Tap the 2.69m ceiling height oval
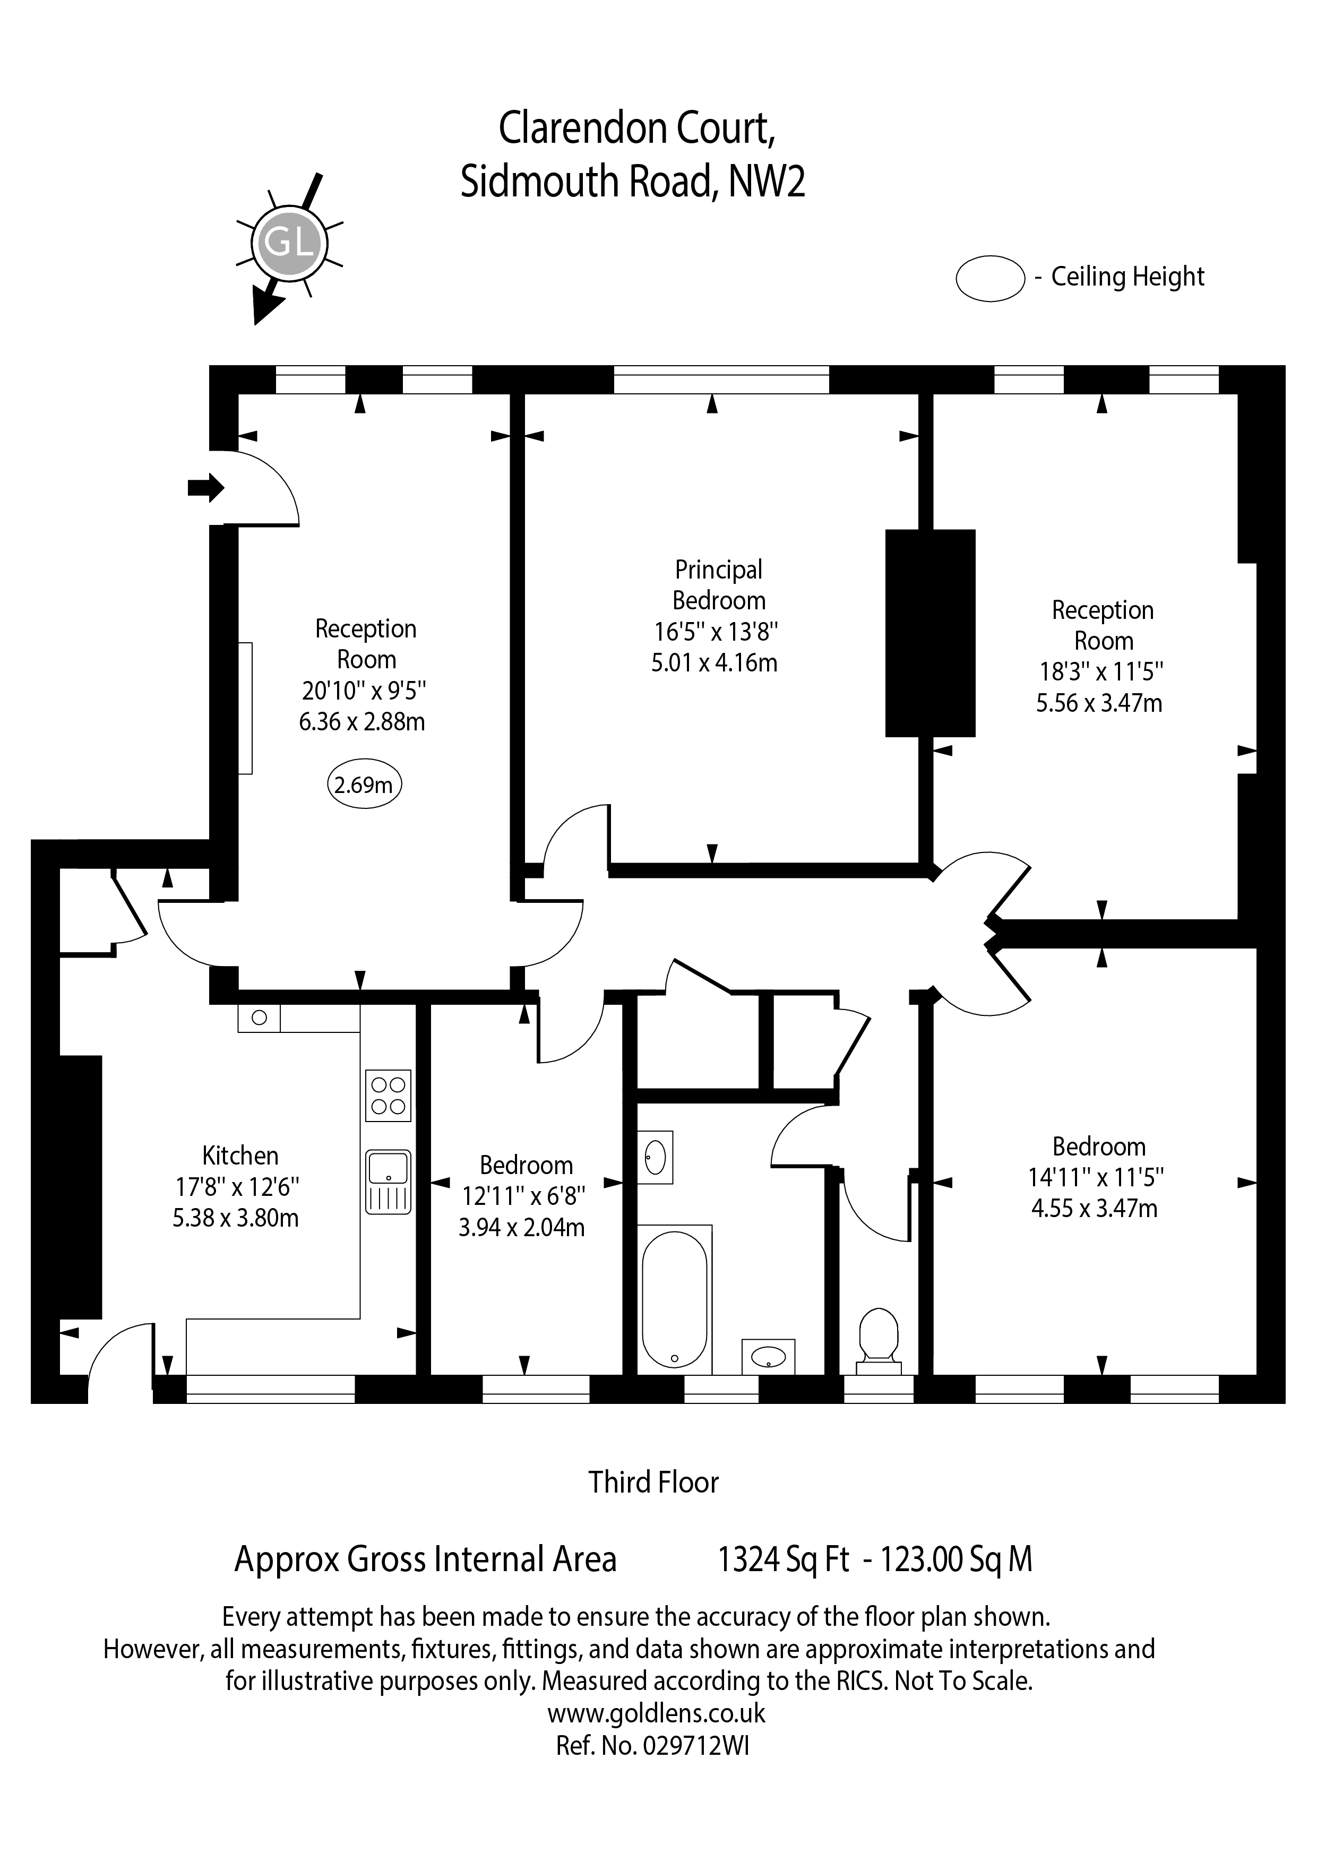point(364,784)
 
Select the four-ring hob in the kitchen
point(389,1095)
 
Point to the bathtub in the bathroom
point(674,1300)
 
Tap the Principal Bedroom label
point(719,585)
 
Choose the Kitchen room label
point(240,1155)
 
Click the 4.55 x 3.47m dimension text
point(1094,1209)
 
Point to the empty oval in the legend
point(990,279)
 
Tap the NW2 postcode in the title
point(767,181)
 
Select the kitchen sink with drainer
point(389,1182)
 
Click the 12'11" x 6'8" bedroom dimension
point(524,1195)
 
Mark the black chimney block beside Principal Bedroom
point(930,633)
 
